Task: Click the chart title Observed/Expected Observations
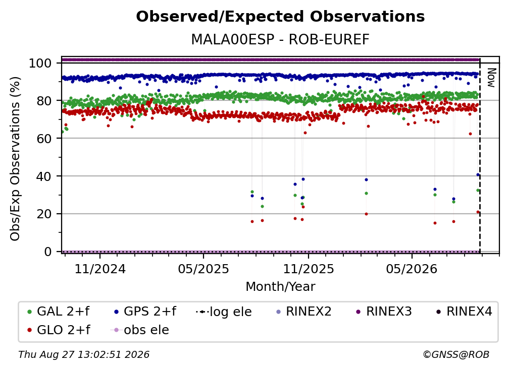click(x=280, y=17)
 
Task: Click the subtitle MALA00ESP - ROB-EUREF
click(x=280, y=39)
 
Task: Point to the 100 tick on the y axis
click(x=40, y=63)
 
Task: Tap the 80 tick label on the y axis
click(x=44, y=101)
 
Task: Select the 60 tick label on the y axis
click(x=44, y=138)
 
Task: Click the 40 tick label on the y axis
click(x=44, y=176)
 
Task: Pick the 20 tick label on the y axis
click(x=44, y=214)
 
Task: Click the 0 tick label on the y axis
click(x=48, y=252)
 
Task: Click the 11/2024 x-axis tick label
click(x=100, y=269)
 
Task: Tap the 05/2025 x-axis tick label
click(x=203, y=269)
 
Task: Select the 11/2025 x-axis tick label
click(x=309, y=269)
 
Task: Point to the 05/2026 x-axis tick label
click(x=412, y=269)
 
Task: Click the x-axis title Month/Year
click(x=280, y=287)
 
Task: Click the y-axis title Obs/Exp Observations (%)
click(x=15, y=158)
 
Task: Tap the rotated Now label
click(x=491, y=78)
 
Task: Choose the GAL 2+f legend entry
click(x=59, y=312)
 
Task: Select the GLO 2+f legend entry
click(x=59, y=330)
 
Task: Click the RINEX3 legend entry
click(x=384, y=312)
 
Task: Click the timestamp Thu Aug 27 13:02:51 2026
click(x=84, y=354)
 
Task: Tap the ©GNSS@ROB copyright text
click(x=456, y=354)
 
